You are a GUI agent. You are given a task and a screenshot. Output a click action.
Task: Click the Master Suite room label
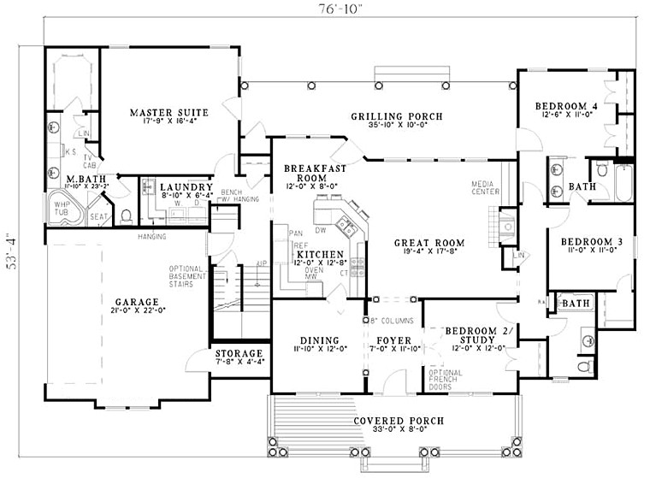pyautogui.click(x=164, y=112)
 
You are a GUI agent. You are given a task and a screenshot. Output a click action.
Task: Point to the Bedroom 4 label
pyautogui.click(x=564, y=107)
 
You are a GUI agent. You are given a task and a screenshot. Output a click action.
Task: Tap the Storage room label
pyautogui.click(x=238, y=353)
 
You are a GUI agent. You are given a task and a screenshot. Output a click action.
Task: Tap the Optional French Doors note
pyautogui.click(x=444, y=381)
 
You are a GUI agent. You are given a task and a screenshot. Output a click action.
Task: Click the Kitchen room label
pyautogui.click(x=322, y=255)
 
